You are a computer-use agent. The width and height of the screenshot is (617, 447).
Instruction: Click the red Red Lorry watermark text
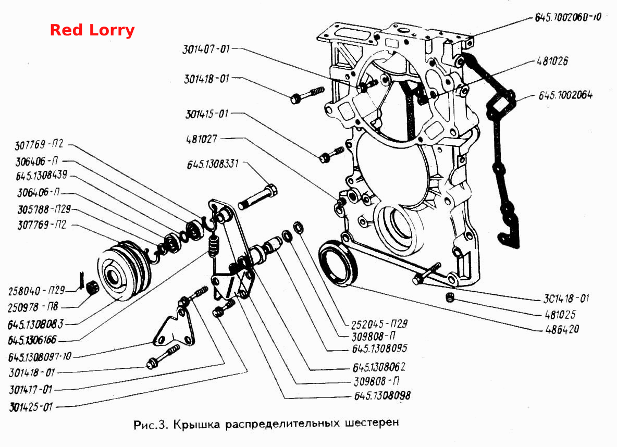(x=92, y=30)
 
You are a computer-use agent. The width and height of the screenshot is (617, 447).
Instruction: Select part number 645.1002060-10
(x=568, y=17)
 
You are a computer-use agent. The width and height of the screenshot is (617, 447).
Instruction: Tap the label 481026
(x=553, y=61)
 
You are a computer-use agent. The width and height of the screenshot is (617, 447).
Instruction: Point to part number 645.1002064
(x=565, y=95)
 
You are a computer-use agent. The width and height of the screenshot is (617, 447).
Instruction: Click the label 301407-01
(x=206, y=49)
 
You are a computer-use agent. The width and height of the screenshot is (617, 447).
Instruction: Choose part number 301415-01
(x=207, y=114)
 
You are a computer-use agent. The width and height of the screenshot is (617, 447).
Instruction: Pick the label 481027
(x=202, y=139)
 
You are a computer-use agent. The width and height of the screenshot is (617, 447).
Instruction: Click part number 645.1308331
(x=213, y=164)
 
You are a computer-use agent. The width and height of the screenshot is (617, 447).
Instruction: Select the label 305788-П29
(x=44, y=209)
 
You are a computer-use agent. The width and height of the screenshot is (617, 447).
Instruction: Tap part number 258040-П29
(x=36, y=290)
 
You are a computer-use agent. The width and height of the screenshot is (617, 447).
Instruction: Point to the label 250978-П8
(x=33, y=306)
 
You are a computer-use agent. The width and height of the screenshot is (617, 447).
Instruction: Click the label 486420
(x=562, y=329)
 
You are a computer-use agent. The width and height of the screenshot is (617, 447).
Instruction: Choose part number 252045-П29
(x=379, y=324)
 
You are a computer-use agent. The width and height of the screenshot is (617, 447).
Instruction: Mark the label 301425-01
(x=31, y=406)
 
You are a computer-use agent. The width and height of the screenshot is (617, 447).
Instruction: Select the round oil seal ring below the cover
(x=338, y=262)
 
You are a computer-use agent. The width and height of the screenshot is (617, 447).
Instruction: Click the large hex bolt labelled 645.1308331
(x=258, y=197)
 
